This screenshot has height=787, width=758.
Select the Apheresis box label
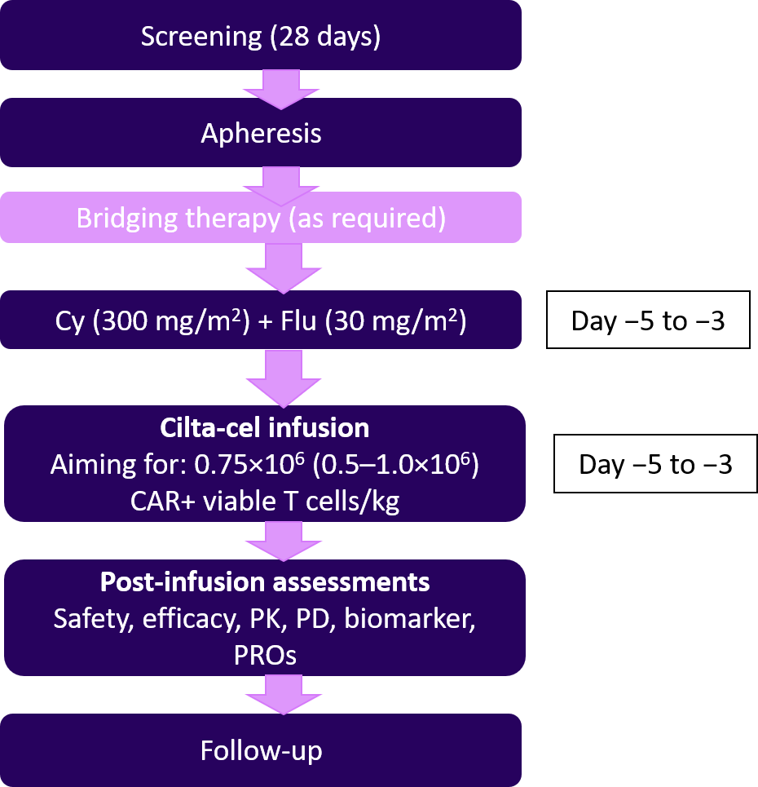pos(261,133)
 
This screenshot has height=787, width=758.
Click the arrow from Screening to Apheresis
pos(280,89)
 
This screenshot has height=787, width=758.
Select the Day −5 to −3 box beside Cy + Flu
pos(647,321)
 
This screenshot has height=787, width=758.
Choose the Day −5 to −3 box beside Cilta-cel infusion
pos(655,465)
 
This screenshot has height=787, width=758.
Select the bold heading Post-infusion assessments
pos(265,582)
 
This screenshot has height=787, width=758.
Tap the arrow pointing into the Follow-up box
pos(280,697)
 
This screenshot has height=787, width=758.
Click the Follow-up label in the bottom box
pos(261,750)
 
